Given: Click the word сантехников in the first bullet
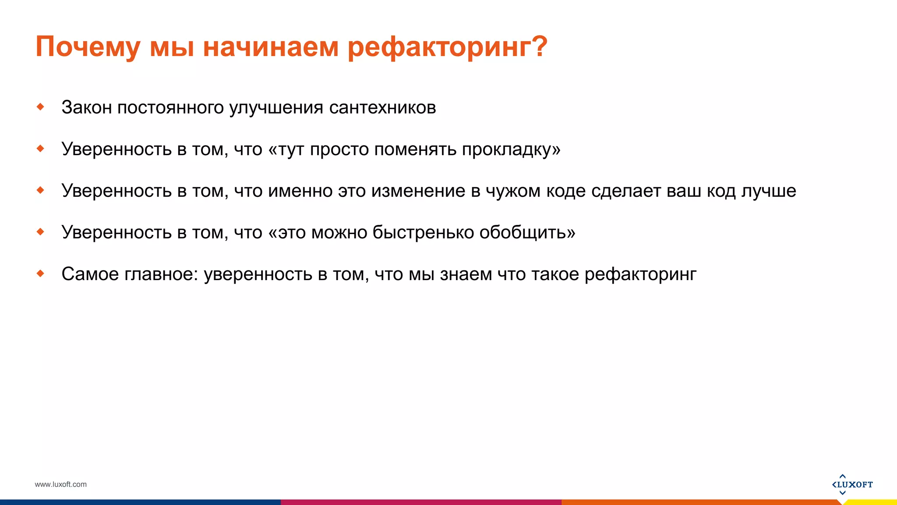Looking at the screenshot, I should point(382,107).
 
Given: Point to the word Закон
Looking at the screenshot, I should point(87,107).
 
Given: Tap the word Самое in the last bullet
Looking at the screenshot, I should point(90,274).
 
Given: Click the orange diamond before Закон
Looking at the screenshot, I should point(41,107).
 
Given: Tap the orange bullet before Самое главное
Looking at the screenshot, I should point(41,274).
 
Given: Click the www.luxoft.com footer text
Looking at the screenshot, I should point(60,484).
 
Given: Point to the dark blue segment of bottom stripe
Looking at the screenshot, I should point(140,502).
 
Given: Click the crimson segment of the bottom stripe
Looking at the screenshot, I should point(420,502).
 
